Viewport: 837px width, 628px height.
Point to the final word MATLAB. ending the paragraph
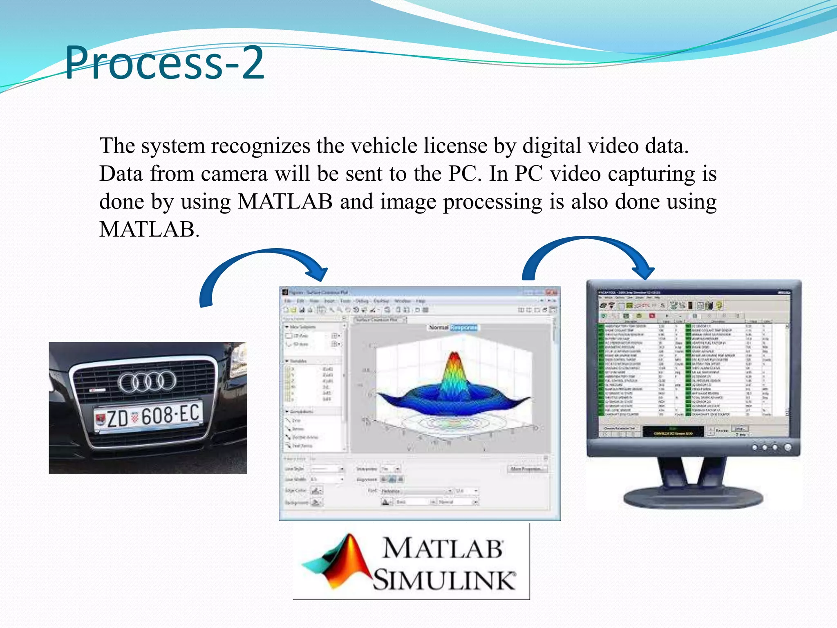pos(149,229)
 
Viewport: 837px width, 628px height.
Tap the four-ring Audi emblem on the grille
pos(147,381)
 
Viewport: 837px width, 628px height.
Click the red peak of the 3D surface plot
pos(454,360)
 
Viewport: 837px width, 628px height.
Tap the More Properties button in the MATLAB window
pos(527,469)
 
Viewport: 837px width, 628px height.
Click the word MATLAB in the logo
pos(442,548)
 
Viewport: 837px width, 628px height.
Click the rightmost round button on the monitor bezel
pos(788,447)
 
